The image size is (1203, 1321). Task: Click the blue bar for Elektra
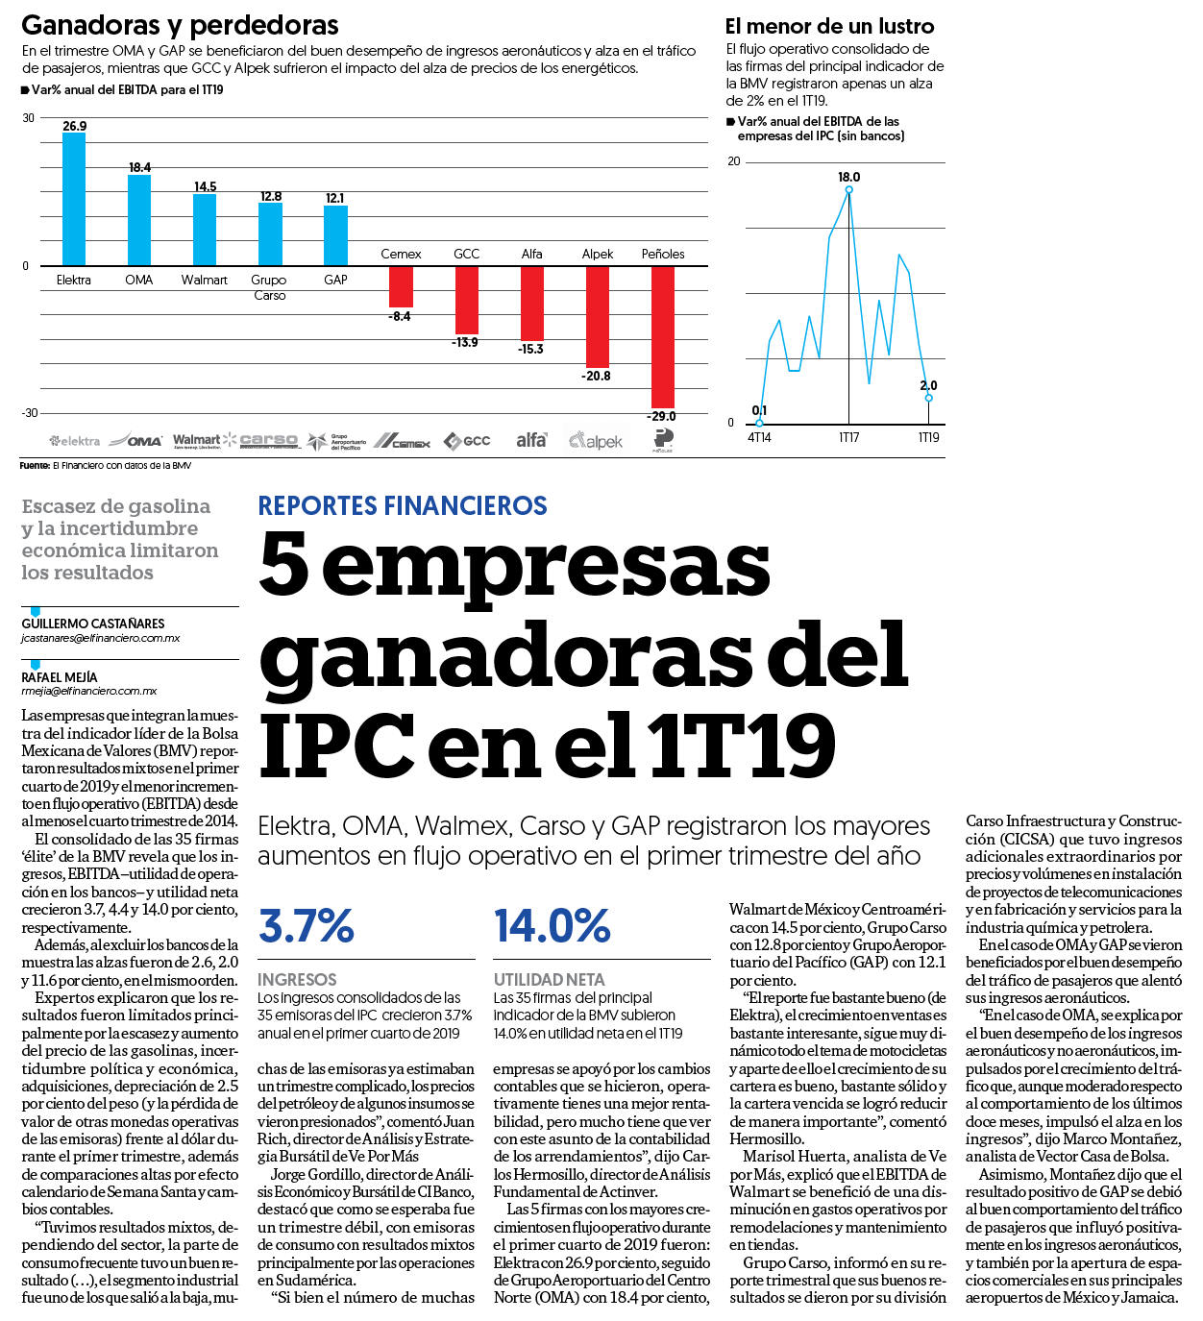coord(74,199)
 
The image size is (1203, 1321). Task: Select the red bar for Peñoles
coord(663,337)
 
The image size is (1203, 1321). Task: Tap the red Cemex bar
coord(402,286)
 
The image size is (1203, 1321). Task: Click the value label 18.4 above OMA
coord(139,167)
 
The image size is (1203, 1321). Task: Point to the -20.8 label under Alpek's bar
coord(597,376)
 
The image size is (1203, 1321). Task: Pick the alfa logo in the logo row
coord(531,440)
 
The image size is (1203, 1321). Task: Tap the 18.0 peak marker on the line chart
coord(849,189)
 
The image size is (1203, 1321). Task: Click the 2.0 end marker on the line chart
coord(929,398)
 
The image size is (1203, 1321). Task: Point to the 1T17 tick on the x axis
coord(849,437)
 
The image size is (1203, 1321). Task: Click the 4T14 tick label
coord(759,437)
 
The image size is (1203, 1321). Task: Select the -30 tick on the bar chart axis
coord(30,413)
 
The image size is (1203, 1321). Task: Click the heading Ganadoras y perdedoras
coord(180,25)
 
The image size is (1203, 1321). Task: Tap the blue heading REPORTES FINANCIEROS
coord(403,505)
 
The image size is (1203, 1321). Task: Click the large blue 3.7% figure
coord(307,925)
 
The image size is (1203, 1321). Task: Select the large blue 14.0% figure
coord(552,925)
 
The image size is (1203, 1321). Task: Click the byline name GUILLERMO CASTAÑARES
coord(93,624)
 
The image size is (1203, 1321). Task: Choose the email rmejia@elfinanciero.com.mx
coord(89,691)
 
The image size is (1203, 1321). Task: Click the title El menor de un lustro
coord(829,26)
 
